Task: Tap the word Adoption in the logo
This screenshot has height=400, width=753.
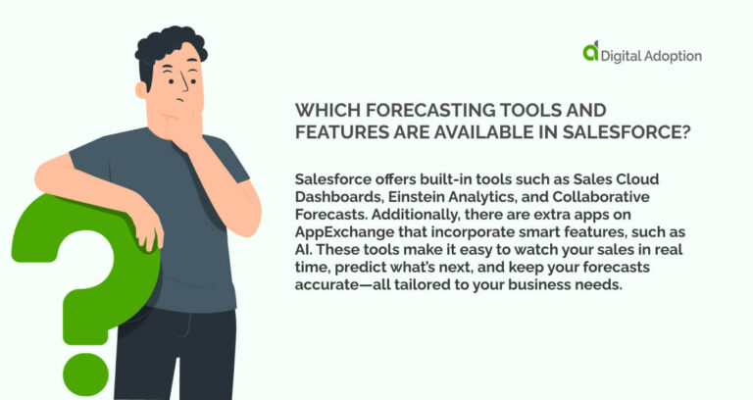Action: coord(673,56)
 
